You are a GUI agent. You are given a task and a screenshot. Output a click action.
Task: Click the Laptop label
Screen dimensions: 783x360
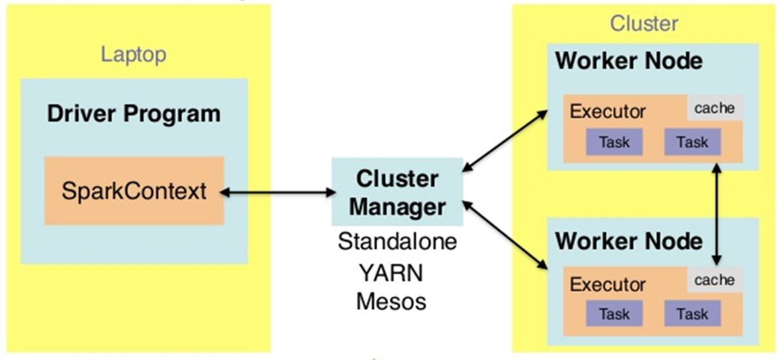click(134, 55)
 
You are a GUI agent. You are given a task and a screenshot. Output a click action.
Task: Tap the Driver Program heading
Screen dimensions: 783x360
click(134, 114)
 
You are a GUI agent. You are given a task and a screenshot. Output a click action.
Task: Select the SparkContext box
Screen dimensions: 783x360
click(134, 191)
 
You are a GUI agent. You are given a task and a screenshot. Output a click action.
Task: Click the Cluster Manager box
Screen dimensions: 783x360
click(397, 191)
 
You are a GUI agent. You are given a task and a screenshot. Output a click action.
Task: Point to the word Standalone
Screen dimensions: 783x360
click(397, 241)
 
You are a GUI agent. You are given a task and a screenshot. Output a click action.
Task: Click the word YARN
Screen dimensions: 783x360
click(391, 273)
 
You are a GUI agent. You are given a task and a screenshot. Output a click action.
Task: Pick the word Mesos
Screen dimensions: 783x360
click(391, 301)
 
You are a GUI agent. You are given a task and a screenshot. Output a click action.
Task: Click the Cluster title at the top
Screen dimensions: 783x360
click(644, 23)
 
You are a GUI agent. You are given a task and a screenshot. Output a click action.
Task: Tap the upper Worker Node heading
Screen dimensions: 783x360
click(629, 61)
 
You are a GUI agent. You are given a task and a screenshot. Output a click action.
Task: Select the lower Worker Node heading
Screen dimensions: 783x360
click(629, 241)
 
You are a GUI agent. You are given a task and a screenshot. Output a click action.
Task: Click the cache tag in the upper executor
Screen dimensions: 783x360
click(714, 108)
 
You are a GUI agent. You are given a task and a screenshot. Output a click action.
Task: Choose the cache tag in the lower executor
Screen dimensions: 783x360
click(714, 279)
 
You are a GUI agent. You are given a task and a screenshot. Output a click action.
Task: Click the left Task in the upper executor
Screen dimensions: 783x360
click(614, 142)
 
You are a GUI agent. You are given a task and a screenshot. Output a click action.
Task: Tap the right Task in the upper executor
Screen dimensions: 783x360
click(693, 142)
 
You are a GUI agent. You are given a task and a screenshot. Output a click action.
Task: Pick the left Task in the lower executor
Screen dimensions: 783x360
click(614, 314)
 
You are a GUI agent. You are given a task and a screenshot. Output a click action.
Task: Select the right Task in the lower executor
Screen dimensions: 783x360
click(693, 314)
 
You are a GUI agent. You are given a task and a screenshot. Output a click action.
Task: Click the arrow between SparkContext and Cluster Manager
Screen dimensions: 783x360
click(278, 192)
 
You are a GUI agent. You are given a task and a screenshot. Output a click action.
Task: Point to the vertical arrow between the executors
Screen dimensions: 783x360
click(717, 214)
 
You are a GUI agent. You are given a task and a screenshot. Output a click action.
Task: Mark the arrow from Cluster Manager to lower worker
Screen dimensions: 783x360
click(505, 235)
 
